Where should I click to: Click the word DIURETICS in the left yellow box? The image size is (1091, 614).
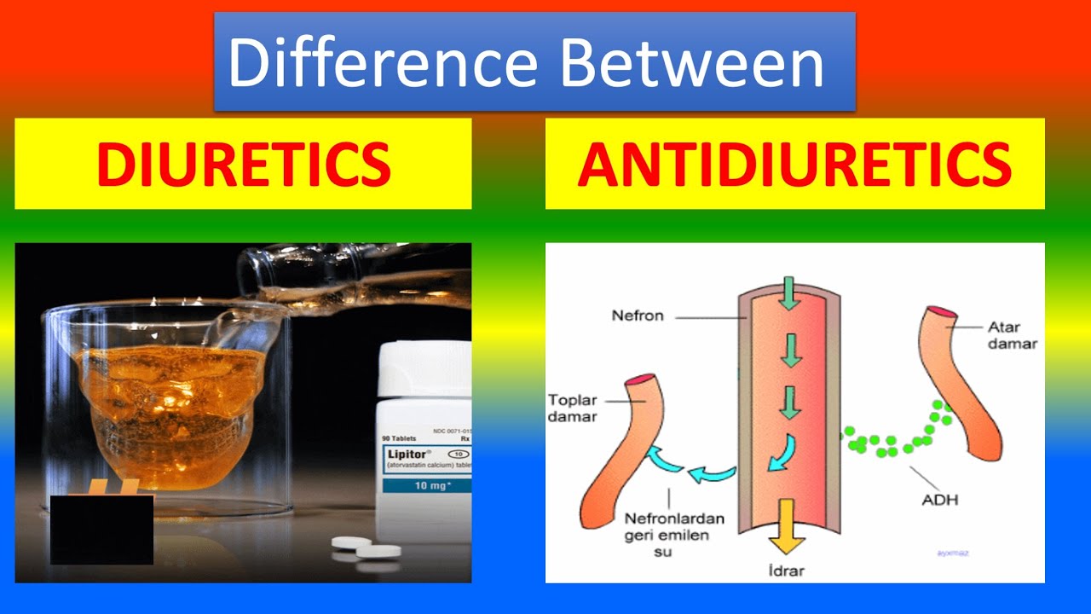243,164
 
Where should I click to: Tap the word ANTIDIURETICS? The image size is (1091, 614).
794,164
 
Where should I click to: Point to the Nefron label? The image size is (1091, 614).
637,316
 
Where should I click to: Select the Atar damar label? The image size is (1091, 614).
1012,335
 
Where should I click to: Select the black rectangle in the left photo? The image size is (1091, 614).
101,530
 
